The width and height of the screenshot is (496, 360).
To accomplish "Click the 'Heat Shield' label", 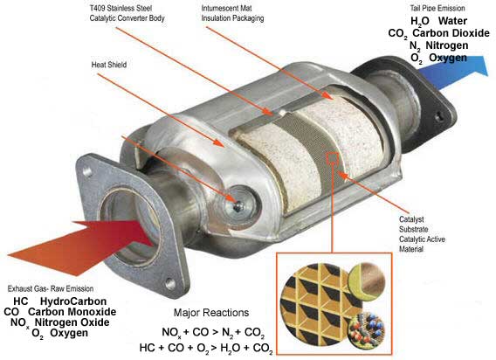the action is click(x=109, y=65).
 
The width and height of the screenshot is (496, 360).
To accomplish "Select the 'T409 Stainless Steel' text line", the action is click(x=121, y=8).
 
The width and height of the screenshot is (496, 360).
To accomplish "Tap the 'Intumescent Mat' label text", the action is click(x=226, y=8).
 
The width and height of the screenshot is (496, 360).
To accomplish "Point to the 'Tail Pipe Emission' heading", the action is click(x=437, y=8).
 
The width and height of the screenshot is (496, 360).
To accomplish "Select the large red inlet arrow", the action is click(x=80, y=246).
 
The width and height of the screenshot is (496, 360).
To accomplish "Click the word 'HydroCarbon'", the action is click(x=73, y=301).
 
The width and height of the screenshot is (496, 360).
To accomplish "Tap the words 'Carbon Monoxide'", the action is click(x=72, y=312).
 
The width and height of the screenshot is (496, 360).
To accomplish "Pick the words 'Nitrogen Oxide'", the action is click(x=72, y=322).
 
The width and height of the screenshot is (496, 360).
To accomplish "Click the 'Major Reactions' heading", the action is click(x=211, y=313).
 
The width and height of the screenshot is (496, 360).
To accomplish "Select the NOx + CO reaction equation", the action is click(x=213, y=332).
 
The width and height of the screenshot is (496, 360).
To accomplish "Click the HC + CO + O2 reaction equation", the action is click(x=206, y=348).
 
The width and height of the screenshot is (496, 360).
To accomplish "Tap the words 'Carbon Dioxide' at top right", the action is click(x=451, y=33).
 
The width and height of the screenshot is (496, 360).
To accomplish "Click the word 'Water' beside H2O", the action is click(x=452, y=21).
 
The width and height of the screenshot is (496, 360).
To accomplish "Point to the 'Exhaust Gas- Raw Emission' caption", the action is click(x=51, y=288).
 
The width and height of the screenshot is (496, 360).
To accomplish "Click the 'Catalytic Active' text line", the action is click(x=422, y=239).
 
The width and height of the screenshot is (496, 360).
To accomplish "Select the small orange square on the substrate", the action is click(x=333, y=158).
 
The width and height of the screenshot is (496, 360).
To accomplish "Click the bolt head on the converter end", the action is click(x=238, y=206).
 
